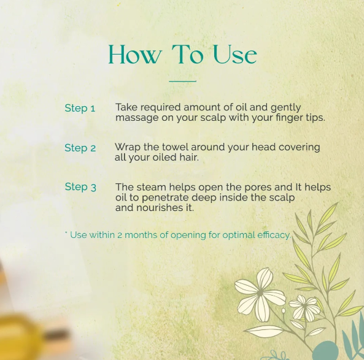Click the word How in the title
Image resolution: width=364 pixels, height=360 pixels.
(134, 55)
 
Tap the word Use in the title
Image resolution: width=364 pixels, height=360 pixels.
(235, 55)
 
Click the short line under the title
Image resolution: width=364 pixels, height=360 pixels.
(182, 81)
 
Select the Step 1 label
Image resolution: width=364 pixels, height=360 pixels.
(80, 109)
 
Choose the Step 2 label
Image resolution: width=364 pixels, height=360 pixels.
(80, 148)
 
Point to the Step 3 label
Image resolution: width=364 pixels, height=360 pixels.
(80, 187)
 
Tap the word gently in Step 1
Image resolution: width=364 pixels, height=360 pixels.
(286, 108)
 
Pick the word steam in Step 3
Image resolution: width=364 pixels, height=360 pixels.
(151, 188)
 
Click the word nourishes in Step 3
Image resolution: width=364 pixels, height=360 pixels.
(159, 208)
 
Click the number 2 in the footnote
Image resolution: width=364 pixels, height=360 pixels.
(120, 236)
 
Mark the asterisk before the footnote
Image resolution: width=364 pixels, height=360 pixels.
(66, 232)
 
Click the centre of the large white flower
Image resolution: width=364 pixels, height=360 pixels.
(260, 293)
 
